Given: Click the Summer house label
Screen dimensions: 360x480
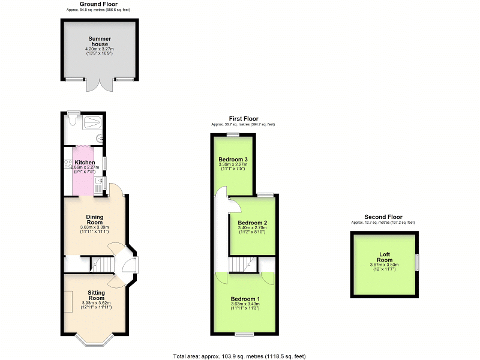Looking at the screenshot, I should (x=100, y=42).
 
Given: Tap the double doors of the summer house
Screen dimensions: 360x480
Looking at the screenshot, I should (x=100, y=85).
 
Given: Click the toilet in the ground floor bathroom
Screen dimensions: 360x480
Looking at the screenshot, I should (x=72, y=122).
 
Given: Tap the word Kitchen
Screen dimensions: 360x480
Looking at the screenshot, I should (x=85, y=163).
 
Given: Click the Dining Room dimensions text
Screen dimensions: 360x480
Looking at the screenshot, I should (x=94, y=230).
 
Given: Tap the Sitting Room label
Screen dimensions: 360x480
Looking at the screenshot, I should (x=96, y=295).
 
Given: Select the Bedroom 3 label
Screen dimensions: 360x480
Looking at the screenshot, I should (x=233, y=159).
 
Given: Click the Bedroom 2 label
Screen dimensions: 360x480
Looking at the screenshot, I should (x=253, y=223).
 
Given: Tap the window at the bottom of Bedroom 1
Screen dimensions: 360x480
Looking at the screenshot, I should (x=243, y=334).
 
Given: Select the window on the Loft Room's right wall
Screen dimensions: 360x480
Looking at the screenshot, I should (x=418, y=262).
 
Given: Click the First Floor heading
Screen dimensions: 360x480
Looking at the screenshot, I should (x=243, y=119).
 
